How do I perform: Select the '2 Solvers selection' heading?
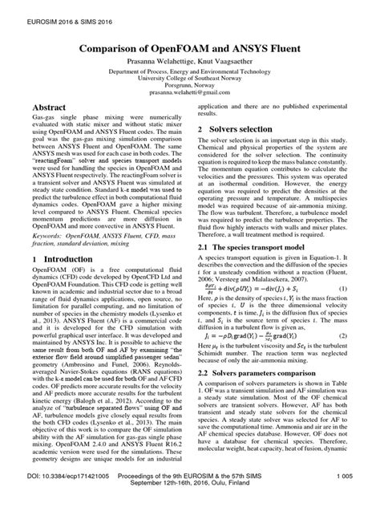pyautogui.click(x=241, y=128)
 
